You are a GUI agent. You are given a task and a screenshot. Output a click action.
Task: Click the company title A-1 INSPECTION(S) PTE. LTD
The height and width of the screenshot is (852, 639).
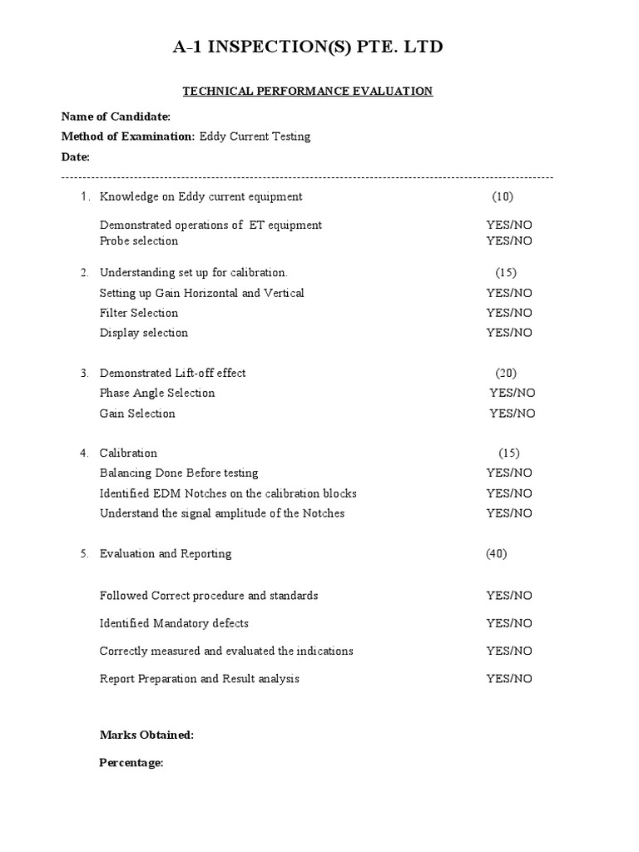[x=308, y=47]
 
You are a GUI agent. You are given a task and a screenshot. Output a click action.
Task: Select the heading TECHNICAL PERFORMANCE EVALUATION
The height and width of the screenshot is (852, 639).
[x=308, y=91]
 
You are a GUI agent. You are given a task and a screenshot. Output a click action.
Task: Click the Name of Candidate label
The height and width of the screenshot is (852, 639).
[x=116, y=116]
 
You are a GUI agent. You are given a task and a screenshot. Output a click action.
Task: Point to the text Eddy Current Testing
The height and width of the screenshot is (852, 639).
[x=255, y=136]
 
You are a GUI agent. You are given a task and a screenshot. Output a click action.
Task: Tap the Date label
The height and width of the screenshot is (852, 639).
[x=76, y=156]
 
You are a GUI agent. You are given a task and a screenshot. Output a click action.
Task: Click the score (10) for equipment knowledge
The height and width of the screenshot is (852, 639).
[x=503, y=197]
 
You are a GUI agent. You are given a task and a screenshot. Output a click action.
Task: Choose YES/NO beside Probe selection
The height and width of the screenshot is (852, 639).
[x=509, y=241]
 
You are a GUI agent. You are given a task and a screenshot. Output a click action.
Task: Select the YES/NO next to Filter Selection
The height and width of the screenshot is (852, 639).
[x=509, y=313]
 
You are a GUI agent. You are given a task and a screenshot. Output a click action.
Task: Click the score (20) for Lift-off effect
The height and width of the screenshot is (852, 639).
[x=505, y=374]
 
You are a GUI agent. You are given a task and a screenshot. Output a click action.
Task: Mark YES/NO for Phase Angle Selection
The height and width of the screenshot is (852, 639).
[x=512, y=394]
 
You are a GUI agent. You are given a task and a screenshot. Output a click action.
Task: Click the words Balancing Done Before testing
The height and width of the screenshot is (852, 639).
[x=179, y=473]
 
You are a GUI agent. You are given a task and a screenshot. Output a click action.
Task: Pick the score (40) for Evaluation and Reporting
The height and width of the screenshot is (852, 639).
[x=497, y=554]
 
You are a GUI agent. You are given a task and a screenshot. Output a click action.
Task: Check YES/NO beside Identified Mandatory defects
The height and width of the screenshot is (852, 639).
[x=509, y=623]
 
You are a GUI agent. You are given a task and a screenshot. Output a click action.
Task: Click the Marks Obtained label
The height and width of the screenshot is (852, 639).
[x=146, y=735]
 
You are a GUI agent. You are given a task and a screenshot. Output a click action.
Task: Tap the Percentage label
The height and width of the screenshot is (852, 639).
[x=131, y=762]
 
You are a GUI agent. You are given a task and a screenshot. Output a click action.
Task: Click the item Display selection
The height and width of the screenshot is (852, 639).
[x=144, y=333]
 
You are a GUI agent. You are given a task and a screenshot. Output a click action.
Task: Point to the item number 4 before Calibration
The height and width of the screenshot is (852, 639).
[x=84, y=453]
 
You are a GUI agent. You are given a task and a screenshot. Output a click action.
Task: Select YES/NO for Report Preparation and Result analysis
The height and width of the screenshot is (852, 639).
[x=509, y=679]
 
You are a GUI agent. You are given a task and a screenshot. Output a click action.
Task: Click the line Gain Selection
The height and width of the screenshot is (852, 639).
[x=137, y=414]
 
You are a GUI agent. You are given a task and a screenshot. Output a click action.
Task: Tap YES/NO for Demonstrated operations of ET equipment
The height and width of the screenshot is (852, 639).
[x=509, y=225]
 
